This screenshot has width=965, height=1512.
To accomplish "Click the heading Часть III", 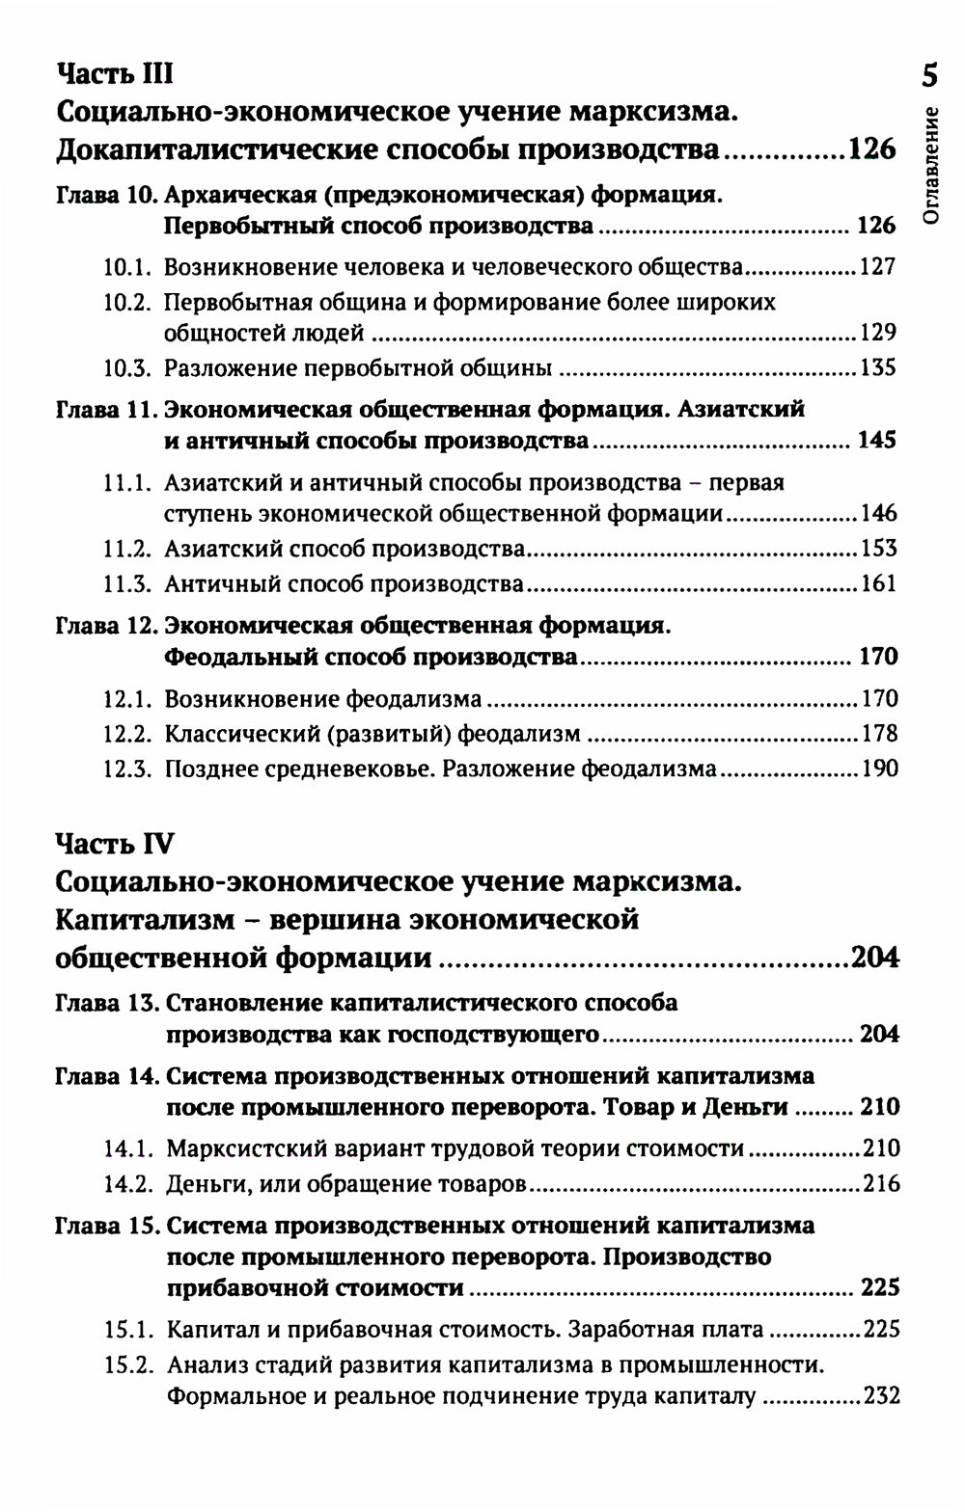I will point(115,74).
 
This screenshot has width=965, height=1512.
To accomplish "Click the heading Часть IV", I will point(115,844).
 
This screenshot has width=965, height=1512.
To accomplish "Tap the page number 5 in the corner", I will point(929,76).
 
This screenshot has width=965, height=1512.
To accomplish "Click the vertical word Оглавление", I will point(930,164).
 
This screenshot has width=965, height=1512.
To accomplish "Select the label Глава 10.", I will point(107,196).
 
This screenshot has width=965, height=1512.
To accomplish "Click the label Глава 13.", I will point(107,1003).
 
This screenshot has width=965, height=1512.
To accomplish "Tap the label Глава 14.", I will point(107,1076).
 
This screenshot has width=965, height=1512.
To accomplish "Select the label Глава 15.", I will point(107,1227).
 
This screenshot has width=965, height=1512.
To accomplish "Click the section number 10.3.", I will point(127,368).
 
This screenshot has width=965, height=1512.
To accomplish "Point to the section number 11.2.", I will point(127,550).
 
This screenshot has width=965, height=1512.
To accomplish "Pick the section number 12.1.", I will point(127,699).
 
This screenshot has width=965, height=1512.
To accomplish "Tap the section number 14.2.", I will point(128,1184).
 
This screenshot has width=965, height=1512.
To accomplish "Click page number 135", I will point(878,368).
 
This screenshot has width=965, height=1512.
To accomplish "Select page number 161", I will point(878,584).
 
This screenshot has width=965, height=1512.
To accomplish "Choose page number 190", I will point(878,769).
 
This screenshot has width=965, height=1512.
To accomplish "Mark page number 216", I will point(881,1184).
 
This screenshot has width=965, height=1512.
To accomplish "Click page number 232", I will point(881,1396).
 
